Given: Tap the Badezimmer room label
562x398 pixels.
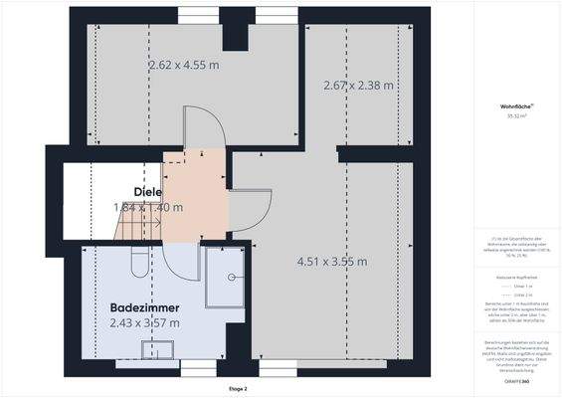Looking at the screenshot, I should click(144, 307).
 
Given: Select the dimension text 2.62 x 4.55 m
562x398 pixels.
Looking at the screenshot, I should click(184, 65).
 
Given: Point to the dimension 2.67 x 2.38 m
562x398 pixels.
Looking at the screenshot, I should click(359, 86).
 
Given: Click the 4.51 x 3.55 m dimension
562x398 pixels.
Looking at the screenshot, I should click(332, 262).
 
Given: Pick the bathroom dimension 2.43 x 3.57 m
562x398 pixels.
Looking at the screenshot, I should click(144, 323).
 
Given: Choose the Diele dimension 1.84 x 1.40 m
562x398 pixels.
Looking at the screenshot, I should click(148, 208).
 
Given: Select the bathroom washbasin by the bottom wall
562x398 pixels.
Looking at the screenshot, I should click(157, 350).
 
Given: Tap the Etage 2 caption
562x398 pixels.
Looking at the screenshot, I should click(238, 389).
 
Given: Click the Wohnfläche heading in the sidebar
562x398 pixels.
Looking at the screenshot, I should click(515, 104).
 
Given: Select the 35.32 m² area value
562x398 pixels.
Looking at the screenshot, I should click(514, 115).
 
